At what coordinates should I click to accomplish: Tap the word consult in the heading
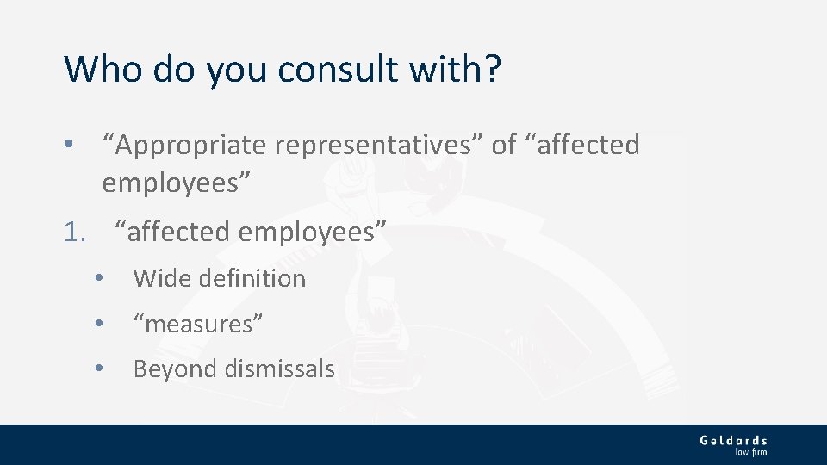320,69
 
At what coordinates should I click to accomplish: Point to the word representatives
379,146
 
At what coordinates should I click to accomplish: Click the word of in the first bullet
504,146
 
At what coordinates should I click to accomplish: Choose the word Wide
161,278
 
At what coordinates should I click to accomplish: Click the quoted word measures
198,325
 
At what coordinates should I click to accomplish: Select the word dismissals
279,369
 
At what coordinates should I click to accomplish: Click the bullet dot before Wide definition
100,278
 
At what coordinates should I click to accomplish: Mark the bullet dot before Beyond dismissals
100,369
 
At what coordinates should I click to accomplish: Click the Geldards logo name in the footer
733,440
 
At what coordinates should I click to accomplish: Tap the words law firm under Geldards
750,452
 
